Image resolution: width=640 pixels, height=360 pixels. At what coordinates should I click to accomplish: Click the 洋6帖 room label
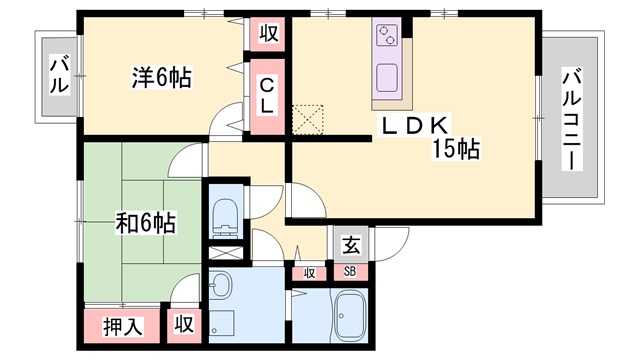pos(162,78)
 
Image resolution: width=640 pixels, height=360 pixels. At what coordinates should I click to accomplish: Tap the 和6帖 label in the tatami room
pos(146,223)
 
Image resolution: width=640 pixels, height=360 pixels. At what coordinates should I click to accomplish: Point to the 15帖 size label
pos(456,149)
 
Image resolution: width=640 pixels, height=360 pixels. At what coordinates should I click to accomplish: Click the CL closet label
pos(267,96)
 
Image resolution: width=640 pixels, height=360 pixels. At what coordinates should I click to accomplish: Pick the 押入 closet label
pos(123,327)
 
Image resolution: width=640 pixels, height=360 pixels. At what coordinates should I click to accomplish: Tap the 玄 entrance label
pos(351,245)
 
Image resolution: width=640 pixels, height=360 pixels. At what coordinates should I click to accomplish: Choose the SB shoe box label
pos(350,271)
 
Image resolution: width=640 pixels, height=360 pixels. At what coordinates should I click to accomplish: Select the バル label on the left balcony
pos(59,74)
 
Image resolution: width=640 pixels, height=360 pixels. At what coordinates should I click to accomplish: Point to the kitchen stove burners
pos(387,35)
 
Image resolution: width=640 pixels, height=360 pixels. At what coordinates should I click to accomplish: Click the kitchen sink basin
pos(387,78)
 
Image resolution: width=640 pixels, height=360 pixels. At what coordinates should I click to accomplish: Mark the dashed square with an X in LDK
pos(308,120)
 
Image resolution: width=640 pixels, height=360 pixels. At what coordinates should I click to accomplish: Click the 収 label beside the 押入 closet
pos(184,324)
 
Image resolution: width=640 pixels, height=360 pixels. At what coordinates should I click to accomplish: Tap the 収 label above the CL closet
pos(269,33)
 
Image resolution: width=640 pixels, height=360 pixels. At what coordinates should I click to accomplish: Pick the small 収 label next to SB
pos(309,273)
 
